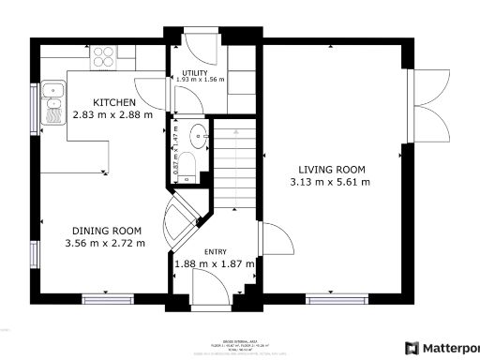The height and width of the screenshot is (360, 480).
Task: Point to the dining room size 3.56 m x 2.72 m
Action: point(105,244)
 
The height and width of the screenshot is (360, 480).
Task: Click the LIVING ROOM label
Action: point(332,170)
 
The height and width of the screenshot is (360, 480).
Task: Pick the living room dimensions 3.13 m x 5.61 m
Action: point(330,182)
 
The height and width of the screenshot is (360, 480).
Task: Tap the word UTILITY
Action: point(195,71)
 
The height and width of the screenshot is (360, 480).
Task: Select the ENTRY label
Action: point(216,252)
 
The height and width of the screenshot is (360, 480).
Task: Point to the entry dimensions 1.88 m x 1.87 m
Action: point(215,264)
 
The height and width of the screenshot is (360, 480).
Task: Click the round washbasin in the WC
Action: point(199,135)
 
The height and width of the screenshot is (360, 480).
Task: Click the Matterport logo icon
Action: point(411,348)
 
